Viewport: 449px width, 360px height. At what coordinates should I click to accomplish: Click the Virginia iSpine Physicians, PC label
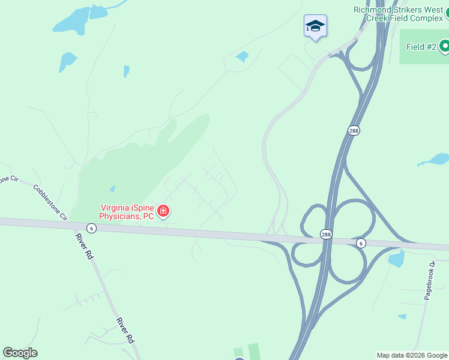[x=127, y=211]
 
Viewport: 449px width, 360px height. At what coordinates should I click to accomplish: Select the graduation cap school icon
[x=315, y=26]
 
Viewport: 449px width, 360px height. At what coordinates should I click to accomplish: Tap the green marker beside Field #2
[x=445, y=46]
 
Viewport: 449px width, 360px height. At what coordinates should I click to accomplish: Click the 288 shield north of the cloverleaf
[x=354, y=130]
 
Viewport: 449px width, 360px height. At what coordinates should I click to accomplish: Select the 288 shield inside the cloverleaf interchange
[x=325, y=234]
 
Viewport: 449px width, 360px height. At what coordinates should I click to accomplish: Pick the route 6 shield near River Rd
[x=91, y=228]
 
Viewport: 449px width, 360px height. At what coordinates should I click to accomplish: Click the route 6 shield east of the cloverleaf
[x=360, y=242]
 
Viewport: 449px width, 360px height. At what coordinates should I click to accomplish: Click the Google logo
[x=20, y=353]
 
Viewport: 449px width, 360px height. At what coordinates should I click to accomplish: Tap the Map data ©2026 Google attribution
[x=412, y=355]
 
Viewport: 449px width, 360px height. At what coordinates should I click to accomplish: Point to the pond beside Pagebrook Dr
[x=396, y=258]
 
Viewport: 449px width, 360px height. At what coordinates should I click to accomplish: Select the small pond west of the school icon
[x=242, y=56]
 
